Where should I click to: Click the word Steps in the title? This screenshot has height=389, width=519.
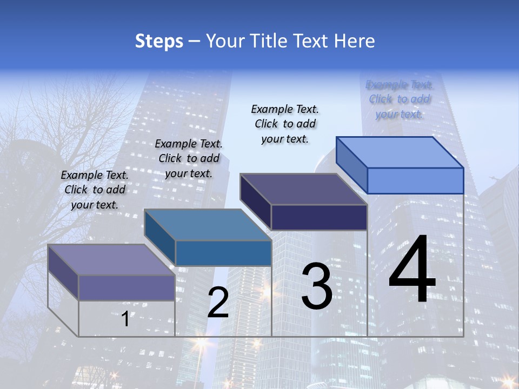159,42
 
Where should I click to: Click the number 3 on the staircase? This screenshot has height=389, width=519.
316,286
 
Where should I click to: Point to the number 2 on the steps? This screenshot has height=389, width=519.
218,303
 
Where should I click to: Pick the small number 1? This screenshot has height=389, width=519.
125,319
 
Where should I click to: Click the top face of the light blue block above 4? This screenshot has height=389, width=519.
400,152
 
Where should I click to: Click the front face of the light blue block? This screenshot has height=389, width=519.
415,180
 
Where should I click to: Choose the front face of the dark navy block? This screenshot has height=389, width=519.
319,217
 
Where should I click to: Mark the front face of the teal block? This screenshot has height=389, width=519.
223,253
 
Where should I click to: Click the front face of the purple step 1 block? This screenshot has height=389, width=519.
127,287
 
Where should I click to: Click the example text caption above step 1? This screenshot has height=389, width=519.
95,190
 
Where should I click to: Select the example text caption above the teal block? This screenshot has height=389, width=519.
189,158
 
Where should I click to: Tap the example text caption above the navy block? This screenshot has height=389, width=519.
285,124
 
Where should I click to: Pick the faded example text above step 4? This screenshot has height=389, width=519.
400,99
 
